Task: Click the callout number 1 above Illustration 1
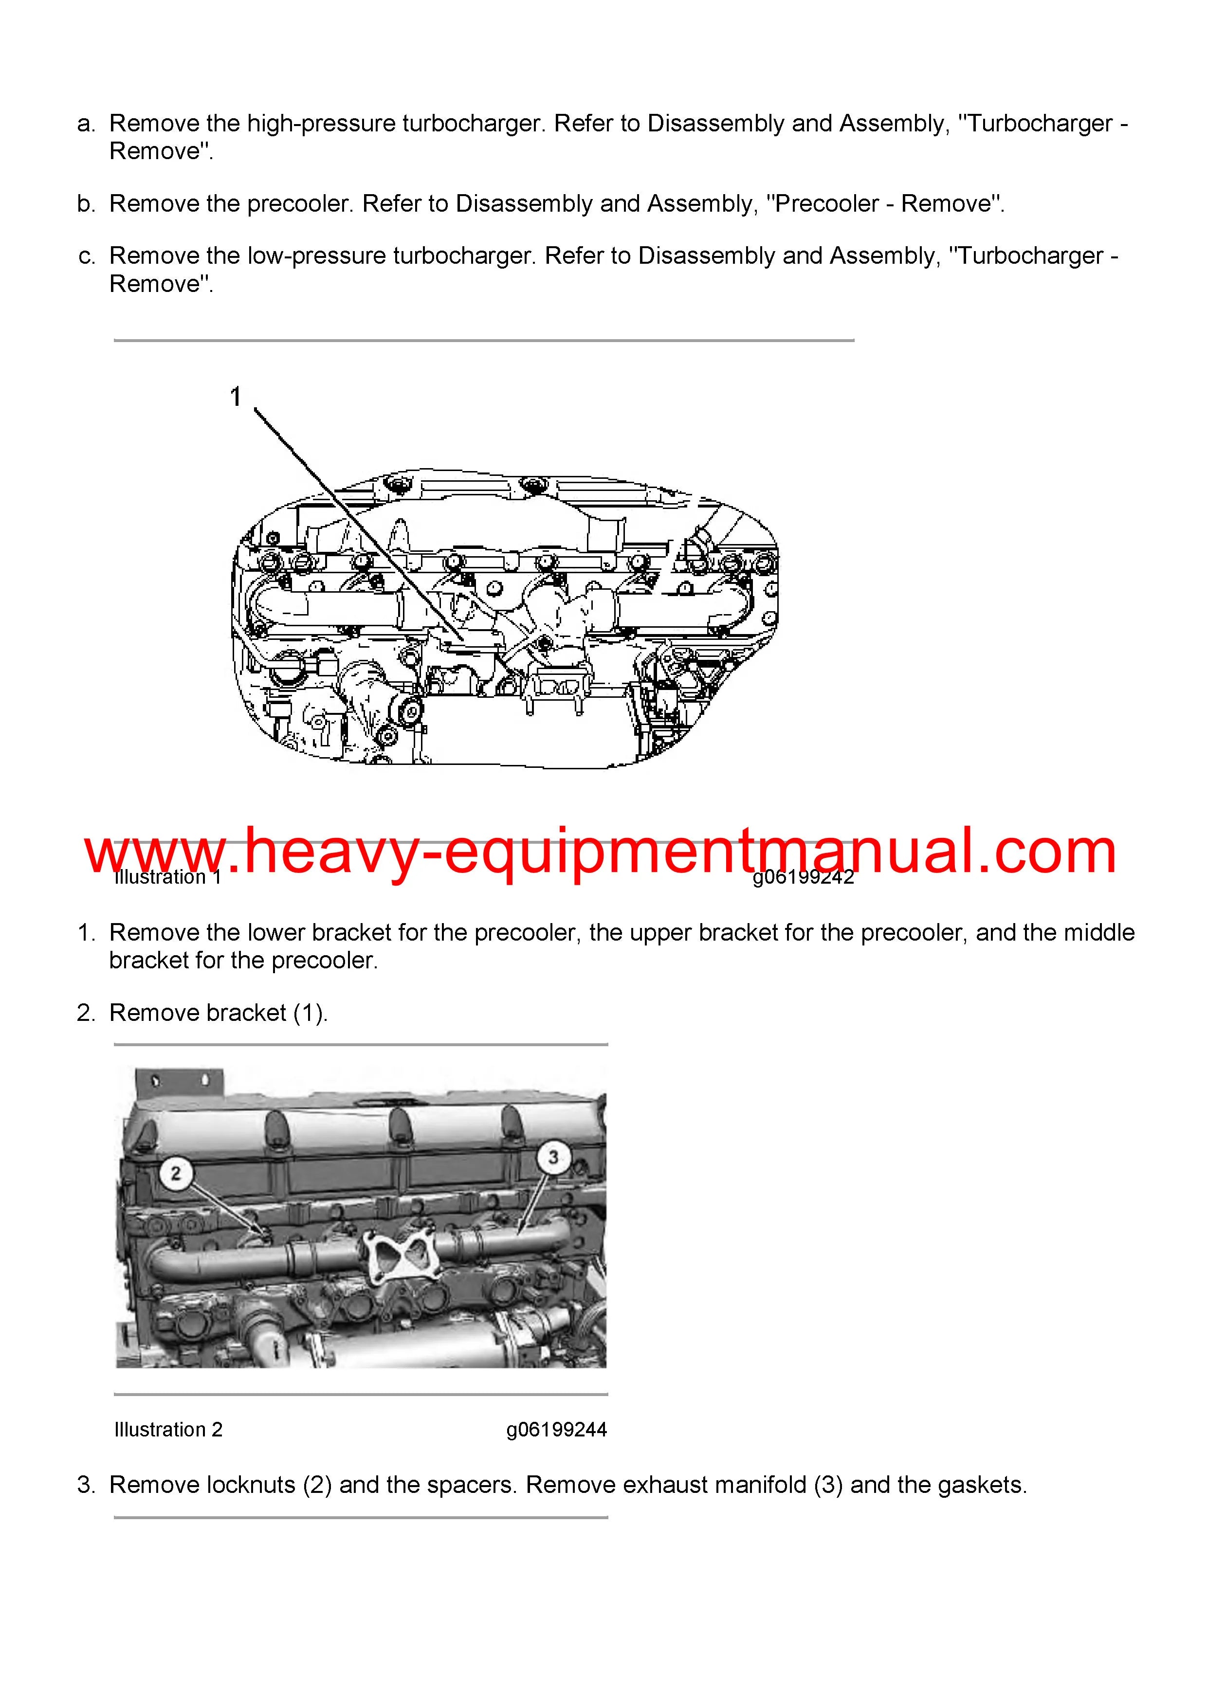click(236, 397)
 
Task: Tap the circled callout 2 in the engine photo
click(176, 1173)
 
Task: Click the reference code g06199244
click(556, 1429)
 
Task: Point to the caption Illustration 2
click(168, 1429)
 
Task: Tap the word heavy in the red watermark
click(331, 852)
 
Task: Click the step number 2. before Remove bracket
click(86, 1013)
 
